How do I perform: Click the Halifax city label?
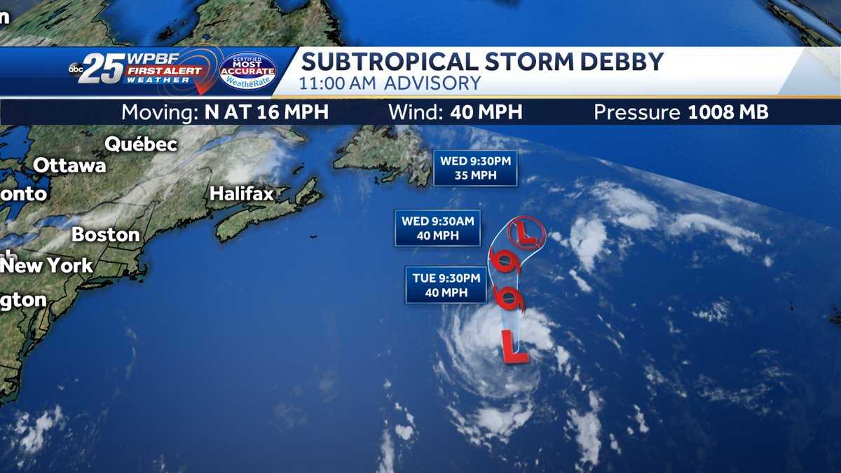(x=242, y=193)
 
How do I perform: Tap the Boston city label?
(x=105, y=234)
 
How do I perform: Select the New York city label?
(x=47, y=266)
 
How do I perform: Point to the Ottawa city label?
(x=70, y=166)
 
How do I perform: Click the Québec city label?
(x=141, y=145)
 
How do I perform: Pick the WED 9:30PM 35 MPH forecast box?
(x=475, y=168)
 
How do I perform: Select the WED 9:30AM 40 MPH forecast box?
(x=437, y=228)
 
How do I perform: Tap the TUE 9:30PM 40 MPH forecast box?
(x=446, y=285)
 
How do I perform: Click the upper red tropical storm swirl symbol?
(x=502, y=261)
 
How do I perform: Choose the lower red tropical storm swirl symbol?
(x=513, y=299)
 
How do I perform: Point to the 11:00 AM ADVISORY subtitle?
(x=390, y=83)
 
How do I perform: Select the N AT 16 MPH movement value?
(x=266, y=112)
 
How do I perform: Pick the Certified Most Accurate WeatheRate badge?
(x=248, y=71)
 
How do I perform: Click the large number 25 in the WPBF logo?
(x=102, y=68)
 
